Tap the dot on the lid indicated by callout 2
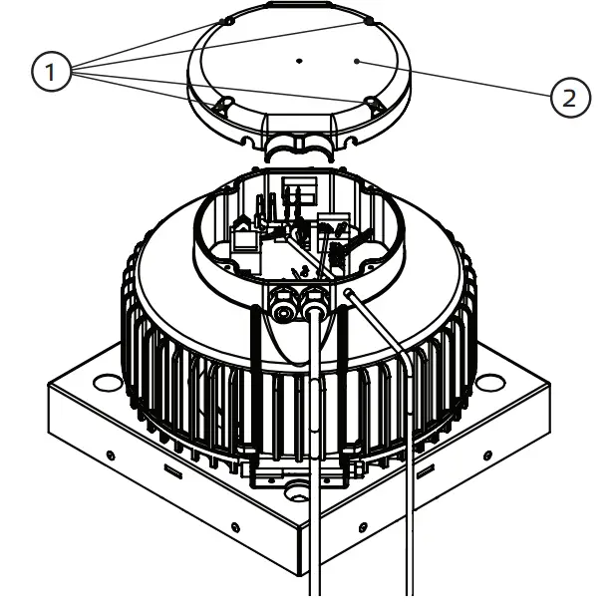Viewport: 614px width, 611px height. coord(358,60)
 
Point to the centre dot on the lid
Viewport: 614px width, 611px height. coord(298,61)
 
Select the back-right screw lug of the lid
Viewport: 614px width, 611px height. coord(369,20)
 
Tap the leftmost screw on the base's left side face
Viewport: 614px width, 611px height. coord(111,456)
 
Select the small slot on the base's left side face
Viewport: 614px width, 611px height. coord(171,464)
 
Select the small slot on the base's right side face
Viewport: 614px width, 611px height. coord(426,465)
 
